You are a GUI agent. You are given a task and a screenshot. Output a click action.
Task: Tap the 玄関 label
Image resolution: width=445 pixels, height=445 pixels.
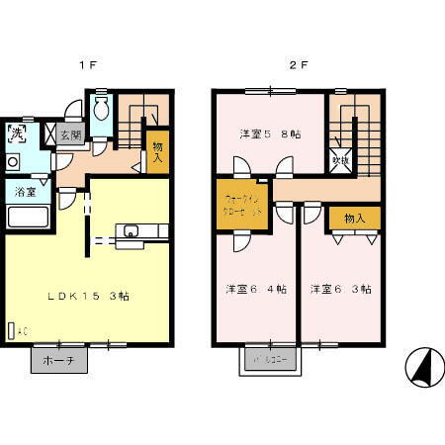(x=70, y=136)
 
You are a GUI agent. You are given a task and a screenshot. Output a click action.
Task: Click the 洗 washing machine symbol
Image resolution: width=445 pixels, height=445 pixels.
(x=18, y=132)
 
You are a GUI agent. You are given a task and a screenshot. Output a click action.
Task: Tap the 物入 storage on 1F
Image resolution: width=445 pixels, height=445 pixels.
(x=157, y=153)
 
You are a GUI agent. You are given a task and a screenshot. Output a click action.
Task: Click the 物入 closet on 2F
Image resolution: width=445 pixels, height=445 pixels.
(x=355, y=218)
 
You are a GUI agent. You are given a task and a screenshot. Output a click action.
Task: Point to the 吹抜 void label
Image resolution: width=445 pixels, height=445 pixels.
(x=341, y=156)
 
